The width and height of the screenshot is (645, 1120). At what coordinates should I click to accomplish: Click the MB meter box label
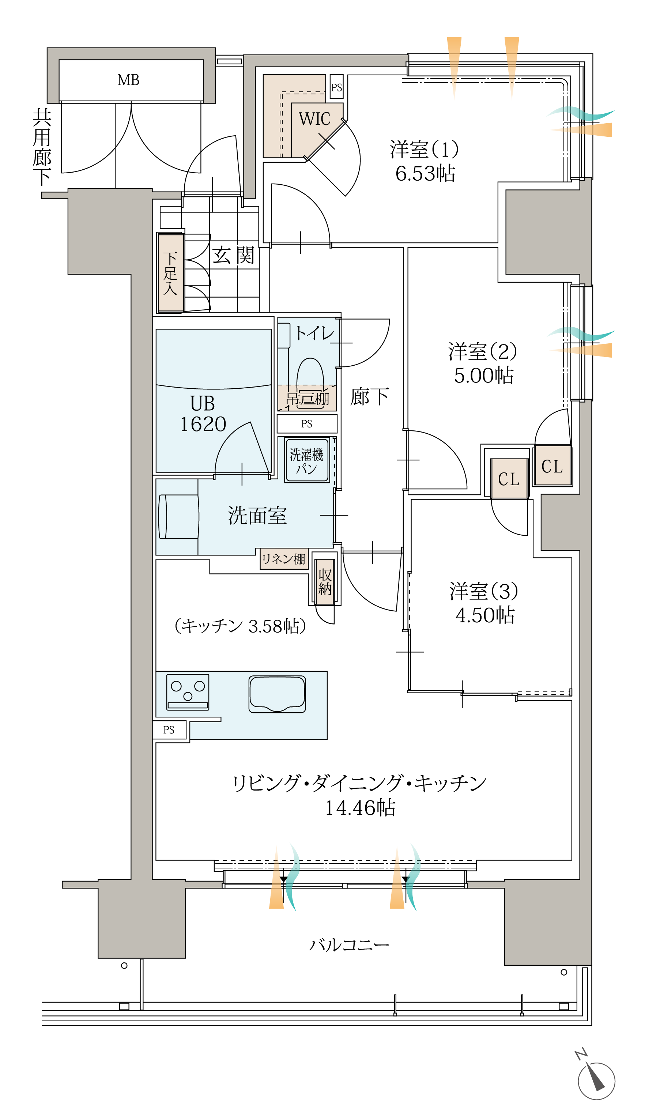coord(128,80)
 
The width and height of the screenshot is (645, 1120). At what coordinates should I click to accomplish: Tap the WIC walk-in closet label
coord(314,119)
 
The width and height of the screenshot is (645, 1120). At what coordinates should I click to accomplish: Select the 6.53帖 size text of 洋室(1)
coord(425,173)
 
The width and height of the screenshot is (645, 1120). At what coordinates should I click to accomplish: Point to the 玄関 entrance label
coord(233,256)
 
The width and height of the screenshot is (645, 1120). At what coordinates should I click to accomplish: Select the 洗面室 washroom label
coord(257,516)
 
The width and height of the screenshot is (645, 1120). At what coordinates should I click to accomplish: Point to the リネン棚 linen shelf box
coord(283,559)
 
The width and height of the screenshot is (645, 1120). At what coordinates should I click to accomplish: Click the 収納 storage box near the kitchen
coord(325,581)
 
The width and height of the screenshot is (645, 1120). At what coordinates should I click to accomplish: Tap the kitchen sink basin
coord(277,694)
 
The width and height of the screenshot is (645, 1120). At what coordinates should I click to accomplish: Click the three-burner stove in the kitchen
coord(188,692)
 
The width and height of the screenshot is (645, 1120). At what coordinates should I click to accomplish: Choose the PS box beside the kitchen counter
coord(169,730)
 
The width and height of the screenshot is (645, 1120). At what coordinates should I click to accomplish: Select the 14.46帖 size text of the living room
coord(360,807)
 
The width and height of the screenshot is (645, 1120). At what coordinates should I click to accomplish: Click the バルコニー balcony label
coord(349,944)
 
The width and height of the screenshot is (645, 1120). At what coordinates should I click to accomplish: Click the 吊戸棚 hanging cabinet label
coord(307,399)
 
